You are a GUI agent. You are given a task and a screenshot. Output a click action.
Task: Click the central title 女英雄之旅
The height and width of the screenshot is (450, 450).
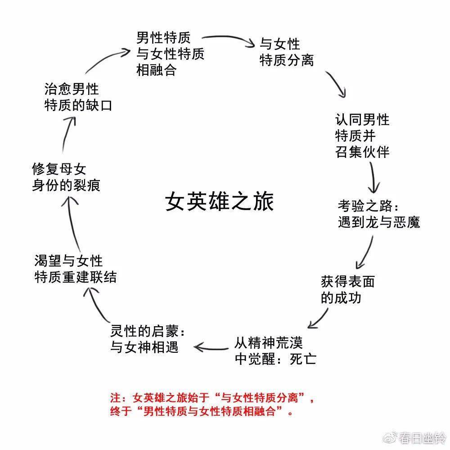(x=220, y=202)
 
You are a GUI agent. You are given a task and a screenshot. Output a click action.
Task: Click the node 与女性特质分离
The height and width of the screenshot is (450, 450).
(x=287, y=52)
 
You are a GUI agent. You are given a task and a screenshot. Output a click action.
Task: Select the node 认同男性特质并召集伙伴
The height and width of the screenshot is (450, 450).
(x=362, y=135)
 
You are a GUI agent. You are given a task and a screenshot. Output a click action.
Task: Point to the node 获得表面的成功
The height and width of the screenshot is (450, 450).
(x=347, y=290)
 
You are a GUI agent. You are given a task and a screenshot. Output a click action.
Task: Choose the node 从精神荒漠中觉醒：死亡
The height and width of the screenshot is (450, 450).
(x=275, y=351)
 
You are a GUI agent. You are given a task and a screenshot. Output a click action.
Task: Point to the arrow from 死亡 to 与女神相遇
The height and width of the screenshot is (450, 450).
(x=211, y=346)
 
